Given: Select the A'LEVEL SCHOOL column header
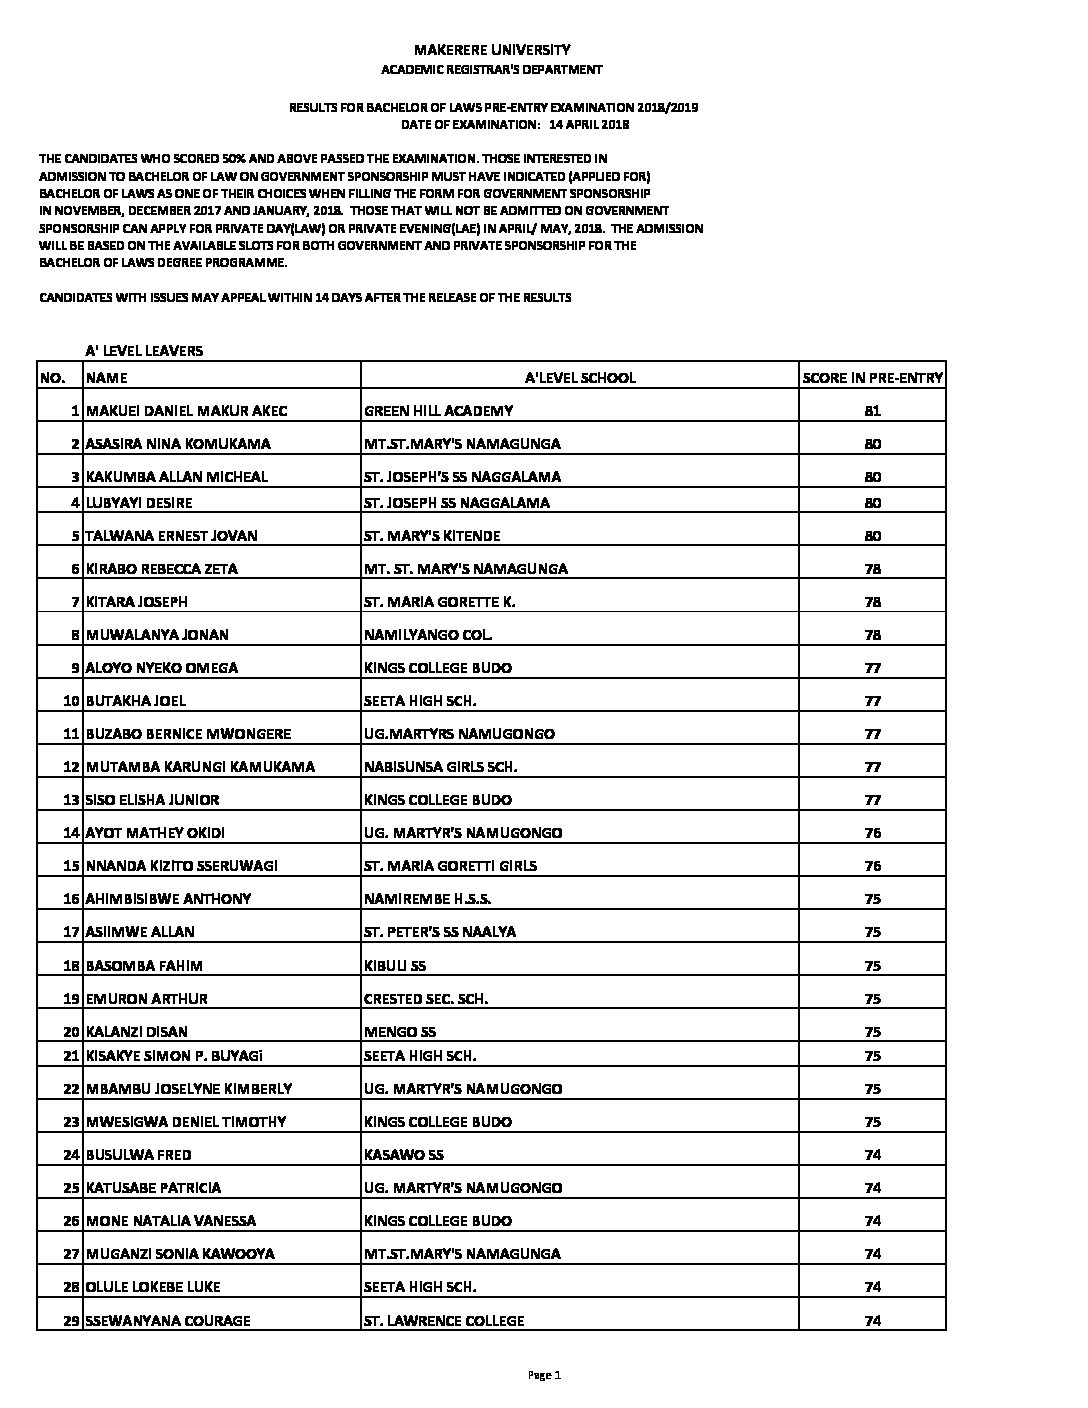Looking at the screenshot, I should click(x=580, y=378).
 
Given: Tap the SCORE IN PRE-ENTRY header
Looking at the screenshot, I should click(x=873, y=378).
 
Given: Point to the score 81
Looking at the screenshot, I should click(x=873, y=411).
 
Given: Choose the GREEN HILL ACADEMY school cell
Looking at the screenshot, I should click(x=439, y=411).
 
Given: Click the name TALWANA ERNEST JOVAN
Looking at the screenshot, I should click(x=172, y=536).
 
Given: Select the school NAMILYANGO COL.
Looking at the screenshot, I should click(x=428, y=635).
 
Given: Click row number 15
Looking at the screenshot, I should click(x=71, y=866).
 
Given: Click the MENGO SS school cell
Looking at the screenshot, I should click(x=400, y=1031).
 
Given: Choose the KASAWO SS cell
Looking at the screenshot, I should click(x=404, y=1155).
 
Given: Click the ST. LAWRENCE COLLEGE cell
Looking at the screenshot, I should click(x=444, y=1321).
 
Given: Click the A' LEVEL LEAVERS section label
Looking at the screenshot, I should click(x=144, y=350).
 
